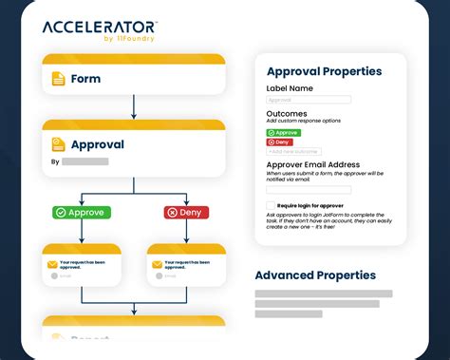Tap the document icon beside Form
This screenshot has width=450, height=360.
tap(59, 79)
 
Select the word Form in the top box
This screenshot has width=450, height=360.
tap(85, 79)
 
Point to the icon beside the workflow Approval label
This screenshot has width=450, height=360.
tap(59, 145)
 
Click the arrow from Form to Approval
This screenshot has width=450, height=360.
tap(134, 105)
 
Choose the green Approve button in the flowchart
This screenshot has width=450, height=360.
tap(83, 212)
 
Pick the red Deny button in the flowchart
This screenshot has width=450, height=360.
tap(186, 212)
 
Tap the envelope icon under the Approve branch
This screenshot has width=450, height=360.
tap(52, 263)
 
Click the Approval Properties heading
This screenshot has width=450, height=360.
tap(324, 71)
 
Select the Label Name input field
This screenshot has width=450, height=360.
tap(309, 100)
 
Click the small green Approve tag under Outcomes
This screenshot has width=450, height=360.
tap(283, 133)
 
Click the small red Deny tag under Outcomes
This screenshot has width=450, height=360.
tap(279, 142)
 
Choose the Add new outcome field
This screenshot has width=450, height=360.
tap(293, 151)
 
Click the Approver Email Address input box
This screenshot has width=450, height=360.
tap(309, 189)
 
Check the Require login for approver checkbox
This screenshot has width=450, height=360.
tap(271, 204)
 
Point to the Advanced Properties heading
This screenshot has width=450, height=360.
tap(315, 275)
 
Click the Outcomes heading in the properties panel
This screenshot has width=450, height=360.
tap(287, 114)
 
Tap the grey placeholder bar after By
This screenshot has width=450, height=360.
tap(85, 161)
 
